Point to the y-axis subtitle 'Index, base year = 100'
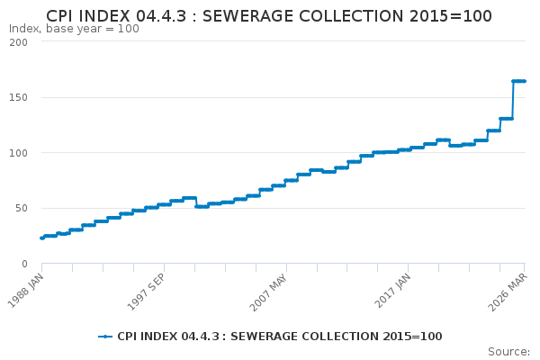[x=74, y=29]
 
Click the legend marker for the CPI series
[x=105, y=337]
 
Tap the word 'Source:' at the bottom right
[x=508, y=351]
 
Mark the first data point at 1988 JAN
[x=42, y=238]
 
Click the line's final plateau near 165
[x=519, y=81]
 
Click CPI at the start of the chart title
[x=60, y=16]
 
